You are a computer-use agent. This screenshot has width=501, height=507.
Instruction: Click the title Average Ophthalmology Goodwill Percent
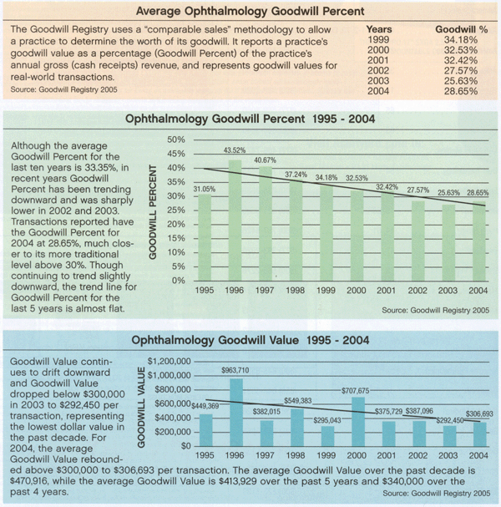click(250, 12)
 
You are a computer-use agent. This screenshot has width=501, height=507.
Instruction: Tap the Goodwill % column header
click(456, 28)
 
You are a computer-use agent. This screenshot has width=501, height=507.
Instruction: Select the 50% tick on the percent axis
click(175, 139)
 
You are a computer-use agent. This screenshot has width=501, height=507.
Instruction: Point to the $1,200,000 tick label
click(170, 360)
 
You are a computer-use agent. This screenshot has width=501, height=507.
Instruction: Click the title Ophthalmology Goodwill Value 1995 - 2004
click(250, 340)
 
